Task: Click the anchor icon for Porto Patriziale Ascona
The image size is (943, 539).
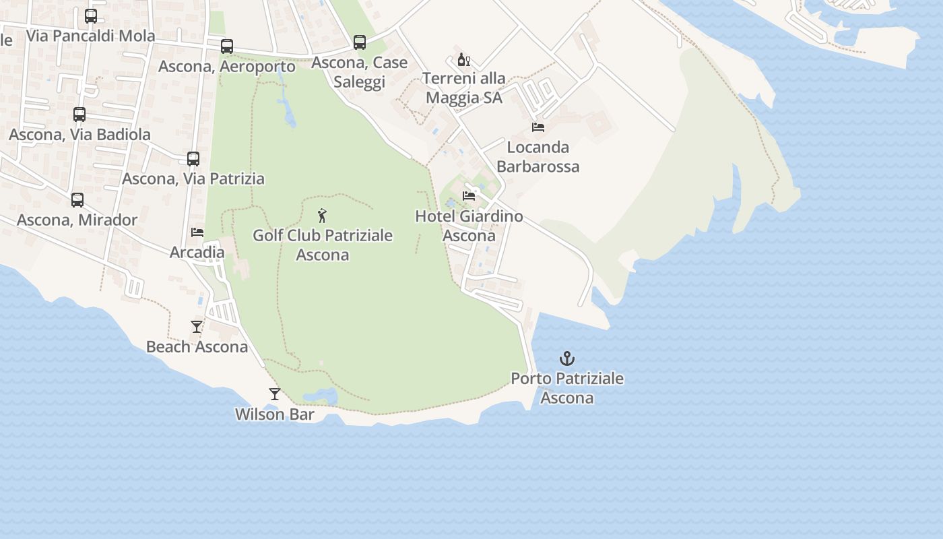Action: [567, 358]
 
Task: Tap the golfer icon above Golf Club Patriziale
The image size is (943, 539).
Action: [323, 216]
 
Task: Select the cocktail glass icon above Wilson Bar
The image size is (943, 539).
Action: [274, 394]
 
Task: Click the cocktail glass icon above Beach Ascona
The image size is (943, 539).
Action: [197, 327]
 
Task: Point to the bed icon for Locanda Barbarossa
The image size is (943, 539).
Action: [538, 127]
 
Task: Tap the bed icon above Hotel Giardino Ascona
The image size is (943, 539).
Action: [469, 196]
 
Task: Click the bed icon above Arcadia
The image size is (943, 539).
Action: [197, 232]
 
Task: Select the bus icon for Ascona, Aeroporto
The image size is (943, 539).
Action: [227, 46]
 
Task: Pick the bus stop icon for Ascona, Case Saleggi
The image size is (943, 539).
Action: [360, 42]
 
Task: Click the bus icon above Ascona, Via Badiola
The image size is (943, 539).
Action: [79, 115]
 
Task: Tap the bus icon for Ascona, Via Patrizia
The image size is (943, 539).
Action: [193, 159]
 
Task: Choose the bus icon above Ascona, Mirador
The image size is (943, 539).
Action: [77, 200]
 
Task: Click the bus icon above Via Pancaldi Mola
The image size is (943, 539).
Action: [91, 16]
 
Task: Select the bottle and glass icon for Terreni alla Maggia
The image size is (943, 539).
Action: [464, 60]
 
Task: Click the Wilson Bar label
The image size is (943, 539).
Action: [274, 414]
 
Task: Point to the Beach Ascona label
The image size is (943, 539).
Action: [197, 347]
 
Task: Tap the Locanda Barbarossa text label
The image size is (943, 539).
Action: [538, 156]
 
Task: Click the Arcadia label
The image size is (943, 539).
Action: [197, 253]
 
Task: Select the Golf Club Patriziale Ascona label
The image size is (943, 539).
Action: [323, 245]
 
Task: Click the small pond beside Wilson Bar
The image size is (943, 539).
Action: [319, 396]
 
